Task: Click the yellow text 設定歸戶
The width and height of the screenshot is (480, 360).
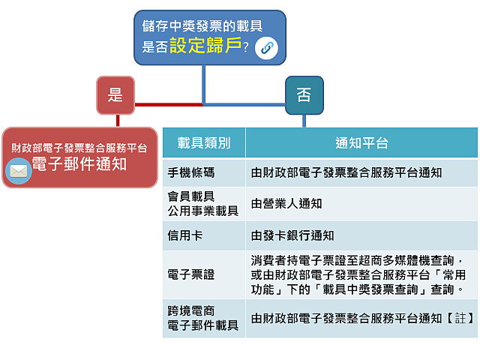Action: pyautogui.click(x=205, y=46)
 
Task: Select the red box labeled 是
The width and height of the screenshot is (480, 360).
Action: pyautogui.click(x=115, y=94)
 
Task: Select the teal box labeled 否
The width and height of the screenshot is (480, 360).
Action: pyautogui.click(x=304, y=94)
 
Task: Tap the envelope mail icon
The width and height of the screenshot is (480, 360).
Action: pyautogui.click(x=18, y=170)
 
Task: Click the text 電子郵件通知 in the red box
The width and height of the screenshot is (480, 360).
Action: pyautogui.click(x=79, y=164)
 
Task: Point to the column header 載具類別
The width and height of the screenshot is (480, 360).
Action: pyautogui.click(x=204, y=142)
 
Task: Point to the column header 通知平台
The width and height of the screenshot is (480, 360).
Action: pyautogui.click(x=361, y=142)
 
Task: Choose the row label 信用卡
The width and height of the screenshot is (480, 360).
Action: pyautogui.click(x=184, y=235)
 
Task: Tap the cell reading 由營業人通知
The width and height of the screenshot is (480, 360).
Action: pyautogui.click(x=286, y=203)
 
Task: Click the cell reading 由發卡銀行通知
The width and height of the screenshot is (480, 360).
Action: pyautogui.click(x=292, y=235)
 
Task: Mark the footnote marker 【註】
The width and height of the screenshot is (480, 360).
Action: pyautogui.click(x=460, y=318)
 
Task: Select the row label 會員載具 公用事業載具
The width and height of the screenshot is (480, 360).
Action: pyautogui.click(x=202, y=203)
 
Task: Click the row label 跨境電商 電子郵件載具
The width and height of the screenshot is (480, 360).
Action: pyautogui.click(x=202, y=318)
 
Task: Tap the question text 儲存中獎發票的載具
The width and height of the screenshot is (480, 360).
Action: pyautogui.click(x=202, y=25)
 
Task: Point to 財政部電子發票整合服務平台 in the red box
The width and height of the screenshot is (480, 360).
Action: pyautogui.click(x=79, y=147)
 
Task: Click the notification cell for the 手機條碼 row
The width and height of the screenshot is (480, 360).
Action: pyautogui.click(x=346, y=172)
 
